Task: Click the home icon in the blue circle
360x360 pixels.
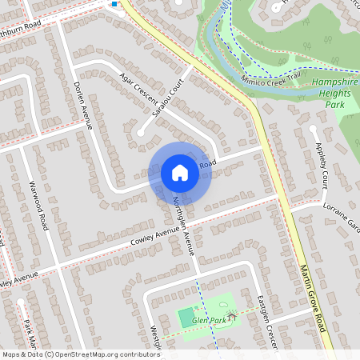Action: pos(180,172)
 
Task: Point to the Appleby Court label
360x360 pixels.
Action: pos(322,164)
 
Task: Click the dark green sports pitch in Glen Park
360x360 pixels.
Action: pos(185,317)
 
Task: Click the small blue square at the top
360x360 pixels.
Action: pos(114,4)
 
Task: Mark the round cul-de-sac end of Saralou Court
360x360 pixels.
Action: pos(142,132)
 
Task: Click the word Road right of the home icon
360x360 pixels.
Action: pos(208,164)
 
